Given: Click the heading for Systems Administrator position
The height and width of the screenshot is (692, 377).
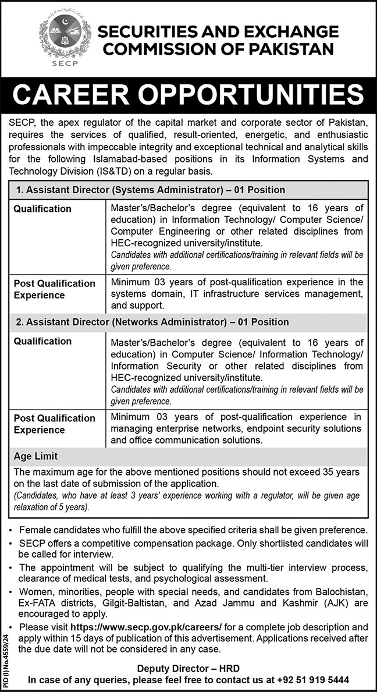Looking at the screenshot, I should click(x=150, y=190).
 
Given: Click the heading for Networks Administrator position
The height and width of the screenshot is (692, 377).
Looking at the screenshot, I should click(x=151, y=322).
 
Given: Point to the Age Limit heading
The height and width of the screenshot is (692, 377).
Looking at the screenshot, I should click(x=35, y=457).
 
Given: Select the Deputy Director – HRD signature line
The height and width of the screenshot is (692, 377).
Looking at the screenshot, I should click(x=188, y=668).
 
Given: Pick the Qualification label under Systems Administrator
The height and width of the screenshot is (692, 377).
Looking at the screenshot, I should click(x=42, y=209).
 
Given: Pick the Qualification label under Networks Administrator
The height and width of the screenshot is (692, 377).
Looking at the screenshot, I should click(x=42, y=341).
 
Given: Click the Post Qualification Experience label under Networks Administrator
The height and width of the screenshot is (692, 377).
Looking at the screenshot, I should click(x=54, y=424).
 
